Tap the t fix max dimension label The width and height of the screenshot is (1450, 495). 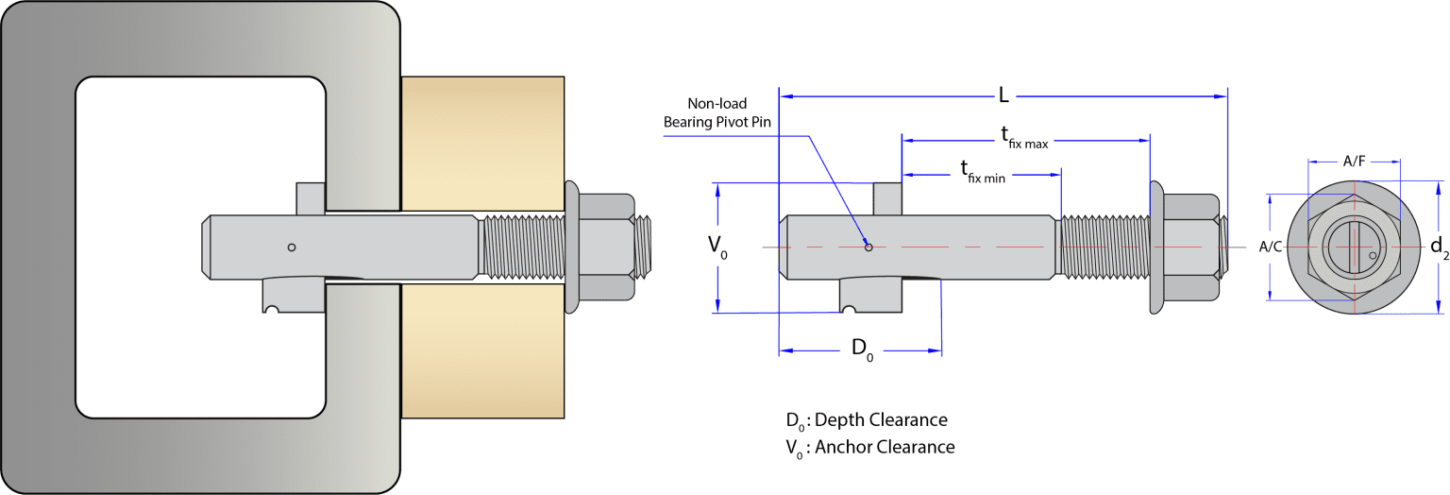tap(1023, 138)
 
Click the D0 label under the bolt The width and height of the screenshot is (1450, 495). tap(862, 350)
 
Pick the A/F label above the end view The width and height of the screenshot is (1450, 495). tap(1354, 162)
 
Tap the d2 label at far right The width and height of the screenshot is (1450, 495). tap(1438, 247)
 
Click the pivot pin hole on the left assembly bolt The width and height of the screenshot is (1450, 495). tap(292, 247)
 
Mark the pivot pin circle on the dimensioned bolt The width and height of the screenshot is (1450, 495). tap(868, 247)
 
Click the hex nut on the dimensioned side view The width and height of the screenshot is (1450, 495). tap(1186, 247)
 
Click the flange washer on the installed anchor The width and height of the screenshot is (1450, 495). tap(571, 247)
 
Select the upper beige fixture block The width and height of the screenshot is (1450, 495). tap(483, 142)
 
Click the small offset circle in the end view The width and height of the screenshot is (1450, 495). tap(1372, 255)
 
